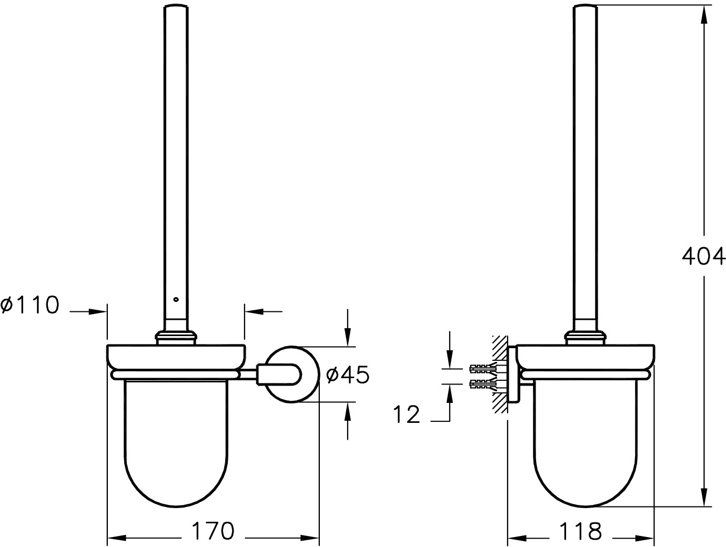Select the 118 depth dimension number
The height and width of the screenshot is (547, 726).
point(580,531)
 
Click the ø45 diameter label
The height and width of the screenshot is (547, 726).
point(347,375)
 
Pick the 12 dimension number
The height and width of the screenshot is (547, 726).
point(407,414)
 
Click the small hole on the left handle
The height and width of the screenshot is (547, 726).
point(176,300)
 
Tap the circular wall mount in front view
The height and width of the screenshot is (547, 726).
point(293,374)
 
